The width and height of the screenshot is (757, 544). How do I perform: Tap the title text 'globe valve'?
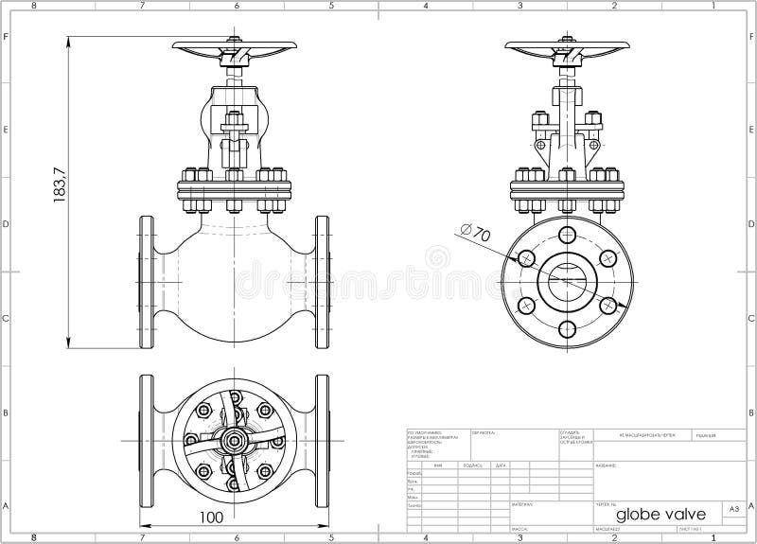[659, 512]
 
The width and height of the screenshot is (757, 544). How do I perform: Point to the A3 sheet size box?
[732, 509]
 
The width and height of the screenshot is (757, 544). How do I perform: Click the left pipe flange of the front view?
[147, 282]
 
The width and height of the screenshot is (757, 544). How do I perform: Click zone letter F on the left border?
[7, 38]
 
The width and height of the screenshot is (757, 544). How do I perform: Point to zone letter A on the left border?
[7, 505]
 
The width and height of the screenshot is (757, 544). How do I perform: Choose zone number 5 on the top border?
[331, 6]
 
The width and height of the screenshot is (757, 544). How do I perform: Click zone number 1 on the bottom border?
[710, 537]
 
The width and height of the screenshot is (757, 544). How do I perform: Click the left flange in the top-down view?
[147, 439]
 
